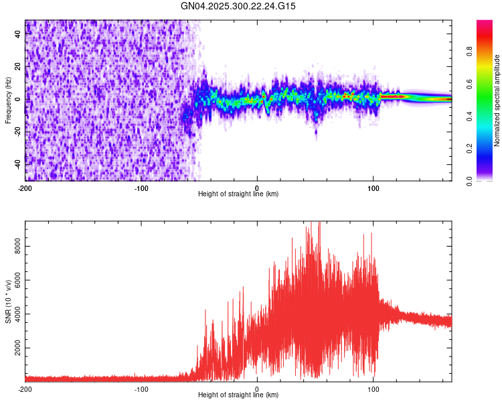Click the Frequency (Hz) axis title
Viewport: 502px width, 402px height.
pyautogui.click(x=8, y=100)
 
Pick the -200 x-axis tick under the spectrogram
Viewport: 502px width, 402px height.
pyautogui.click(x=25, y=188)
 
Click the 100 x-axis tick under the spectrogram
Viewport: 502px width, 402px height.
pyautogui.click(x=373, y=188)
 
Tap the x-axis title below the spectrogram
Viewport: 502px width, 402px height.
pyautogui.click(x=238, y=194)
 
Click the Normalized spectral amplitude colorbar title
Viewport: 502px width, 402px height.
pyautogui.click(x=497, y=100)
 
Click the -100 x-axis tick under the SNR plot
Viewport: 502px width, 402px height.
pyautogui.click(x=141, y=389)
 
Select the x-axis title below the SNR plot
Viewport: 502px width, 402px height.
pyautogui.click(x=238, y=395)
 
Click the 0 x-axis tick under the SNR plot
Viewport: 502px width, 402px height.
pyautogui.click(x=257, y=389)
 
